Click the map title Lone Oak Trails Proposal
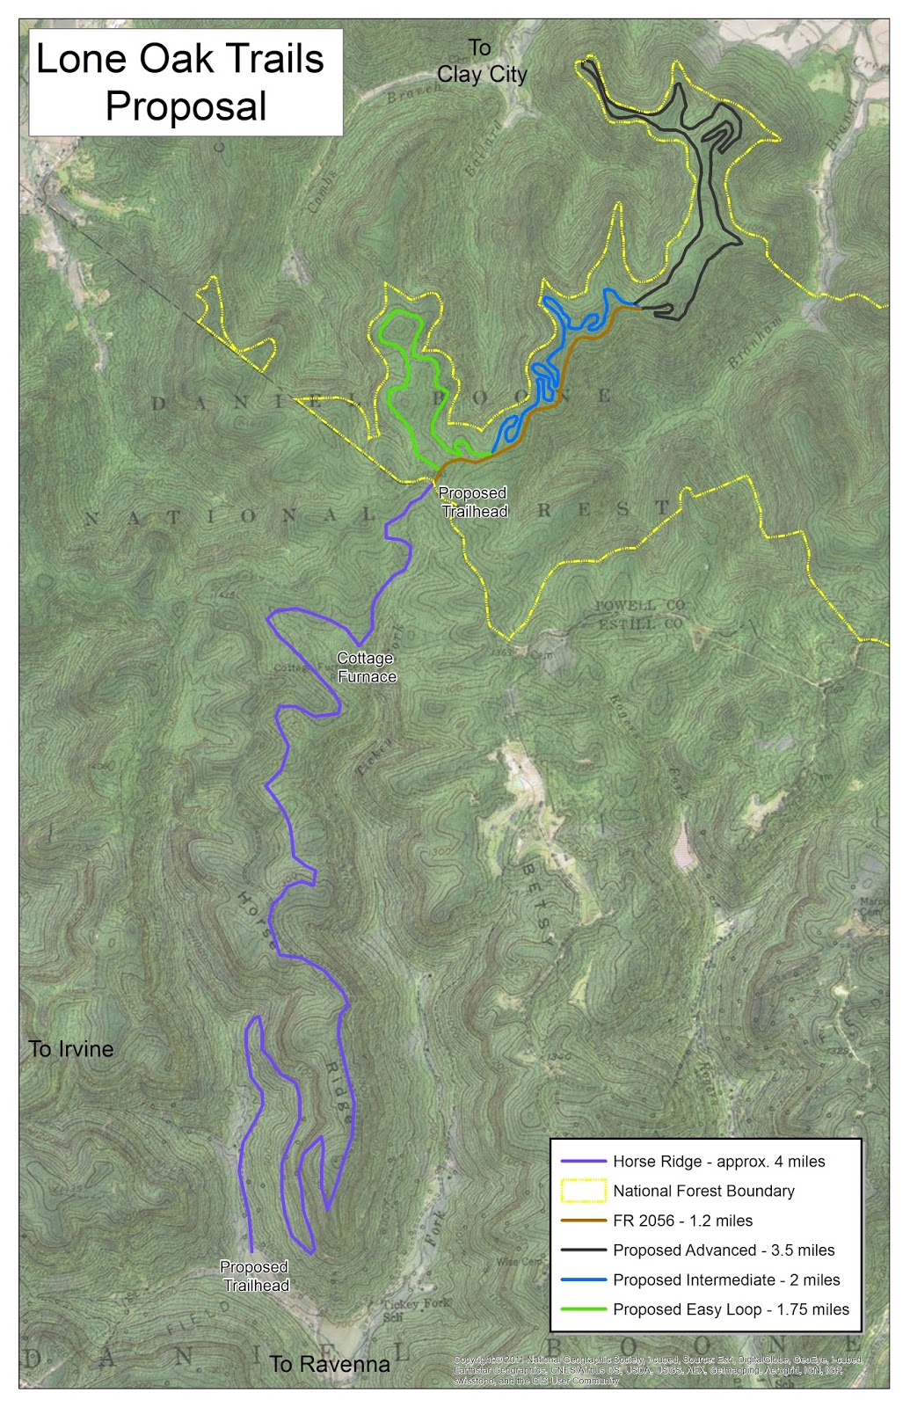pos(186,83)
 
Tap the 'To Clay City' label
pos(482,62)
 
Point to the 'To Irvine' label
pos(71,1049)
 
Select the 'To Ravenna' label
pos(330,1364)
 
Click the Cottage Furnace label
pos(367,667)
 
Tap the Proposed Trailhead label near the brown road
pos(473,502)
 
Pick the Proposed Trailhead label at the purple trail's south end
pos(255,1276)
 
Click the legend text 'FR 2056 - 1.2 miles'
pos(682,1221)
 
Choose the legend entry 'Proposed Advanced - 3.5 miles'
pos(724,1250)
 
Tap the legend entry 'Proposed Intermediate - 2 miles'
pos(726,1280)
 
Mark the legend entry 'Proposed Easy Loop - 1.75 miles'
pos(731,1309)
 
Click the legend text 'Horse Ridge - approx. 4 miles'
pos(718,1162)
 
